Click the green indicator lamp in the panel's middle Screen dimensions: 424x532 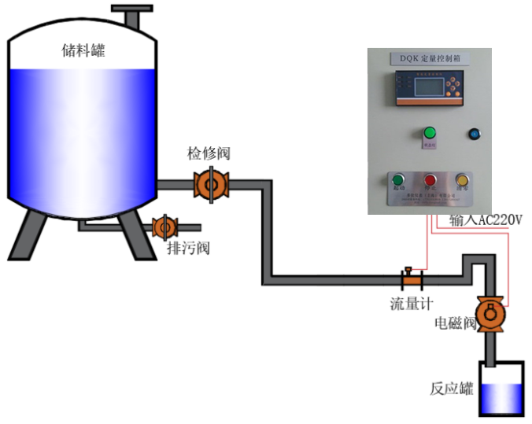(x=430, y=133)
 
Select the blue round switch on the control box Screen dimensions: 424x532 (x=475, y=134)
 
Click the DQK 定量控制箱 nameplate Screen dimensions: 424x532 (x=429, y=58)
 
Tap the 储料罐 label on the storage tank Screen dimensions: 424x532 (x=83, y=51)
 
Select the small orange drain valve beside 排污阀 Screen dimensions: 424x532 (x=164, y=227)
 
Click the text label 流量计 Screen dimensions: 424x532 (x=411, y=303)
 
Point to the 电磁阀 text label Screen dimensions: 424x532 (x=456, y=323)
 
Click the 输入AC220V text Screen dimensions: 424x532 (x=486, y=221)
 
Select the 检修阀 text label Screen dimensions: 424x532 (x=209, y=153)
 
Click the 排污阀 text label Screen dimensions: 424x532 (x=188, y=249)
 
